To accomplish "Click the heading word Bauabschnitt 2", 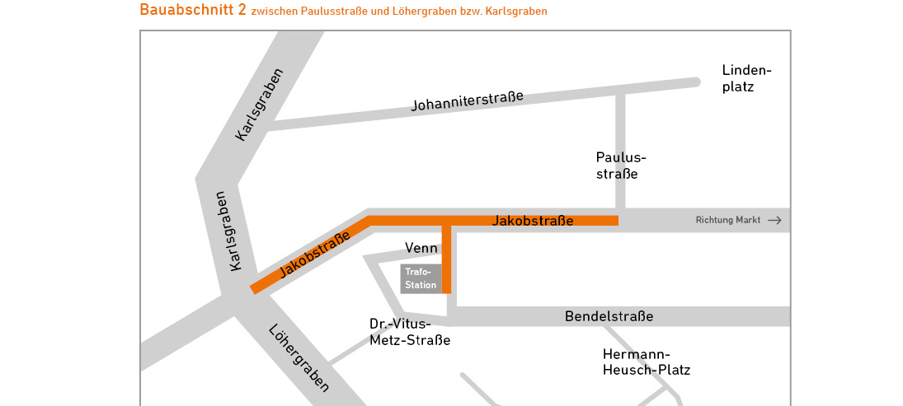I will tap(193, 10).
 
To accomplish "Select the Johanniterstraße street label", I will tap(468, 101).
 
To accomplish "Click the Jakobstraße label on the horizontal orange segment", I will tap(532, 221).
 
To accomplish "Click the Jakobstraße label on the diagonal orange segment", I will tap(314, 254).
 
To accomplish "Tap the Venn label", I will tap(421, 248).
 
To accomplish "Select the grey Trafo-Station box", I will tap(421, 278).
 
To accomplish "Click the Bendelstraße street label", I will tap(609, 316).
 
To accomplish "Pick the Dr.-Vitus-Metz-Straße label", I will tap(410, 331).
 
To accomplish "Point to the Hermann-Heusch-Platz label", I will tap(646, 362).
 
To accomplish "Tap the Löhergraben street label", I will tap(299, 357).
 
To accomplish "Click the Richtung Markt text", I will tap(727, 221).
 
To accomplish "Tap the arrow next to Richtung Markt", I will tap(774, 221).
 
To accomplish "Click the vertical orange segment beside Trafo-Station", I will tap(446, 259).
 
